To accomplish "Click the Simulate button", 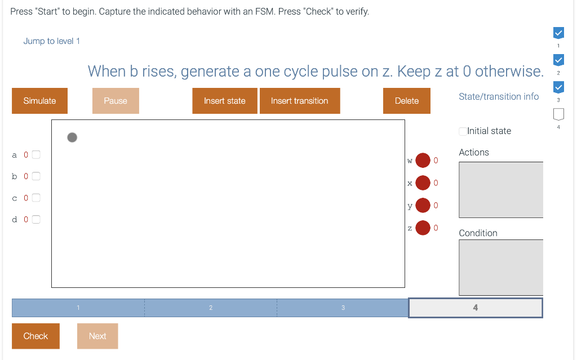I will (39, 101).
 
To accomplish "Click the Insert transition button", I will (299, 101).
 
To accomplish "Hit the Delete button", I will (406, 101).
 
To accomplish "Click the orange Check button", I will (35, 336).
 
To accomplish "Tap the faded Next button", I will (97, 336).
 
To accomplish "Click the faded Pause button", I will (116, 101).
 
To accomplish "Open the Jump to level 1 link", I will (51, 41).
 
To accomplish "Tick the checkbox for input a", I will (36, 154).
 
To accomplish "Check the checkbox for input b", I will (36, 176).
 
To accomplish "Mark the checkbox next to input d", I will (36, 219).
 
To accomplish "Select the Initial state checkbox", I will (463, 131).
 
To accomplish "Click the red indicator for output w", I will (423, 161).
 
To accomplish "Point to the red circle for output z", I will (423, 228).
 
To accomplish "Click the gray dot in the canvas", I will (72, 137).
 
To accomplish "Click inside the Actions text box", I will (500, 189).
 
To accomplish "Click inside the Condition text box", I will (500, 267).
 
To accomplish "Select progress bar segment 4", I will (475, 308).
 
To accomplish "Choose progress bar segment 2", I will (211, 308).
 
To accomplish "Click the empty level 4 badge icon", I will (558, 114).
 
